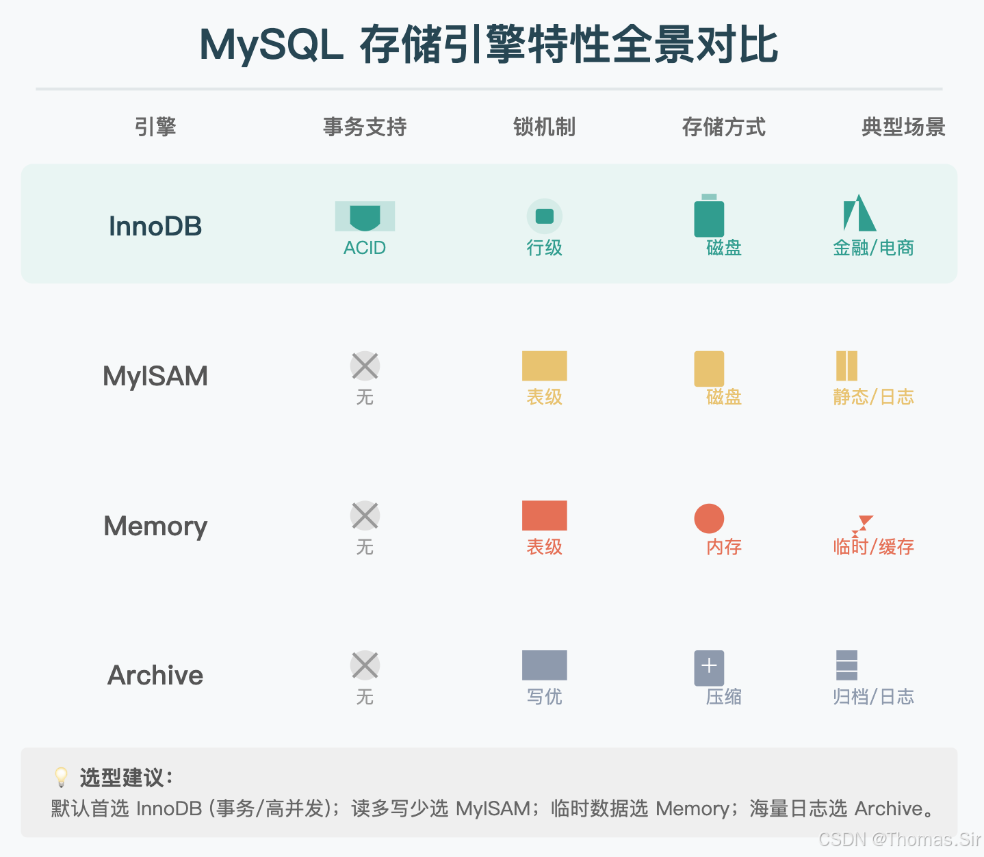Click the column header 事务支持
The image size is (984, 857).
pyautogui.click(x=365, y=127)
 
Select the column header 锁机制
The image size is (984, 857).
pyautogui.click(x=544, y=127)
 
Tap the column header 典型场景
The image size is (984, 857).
pyautogui.click(x=903, y=127)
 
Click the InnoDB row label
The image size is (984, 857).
pyautogui.click(x=155, y=226)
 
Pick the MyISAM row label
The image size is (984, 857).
pyautogui.click(x=155, y=376)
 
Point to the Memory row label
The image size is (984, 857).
pyautogui.click(x=155, y=526)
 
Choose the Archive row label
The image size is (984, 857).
pyautogui.click(x=155, y=675)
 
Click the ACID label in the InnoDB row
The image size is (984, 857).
pyautogui.click(x=365, y=248)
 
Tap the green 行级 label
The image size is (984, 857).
pyautogui.click(x=544, y=248)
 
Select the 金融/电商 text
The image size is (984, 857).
pyautogui.click(x=873, y=248)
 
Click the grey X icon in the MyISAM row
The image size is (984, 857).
pyautogui.click(x=365, y=366)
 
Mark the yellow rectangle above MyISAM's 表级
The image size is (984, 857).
pyautogui.click(x=544, y=366)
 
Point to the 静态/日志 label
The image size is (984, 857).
pyautogui.click(x=873, y=397)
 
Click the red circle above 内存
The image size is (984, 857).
pyautogui.click(x=709, y=518)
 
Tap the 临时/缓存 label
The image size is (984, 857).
pyautogui.click(x=873, y=547)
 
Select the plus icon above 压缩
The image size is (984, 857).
pyautogui.click(x=709, y=666)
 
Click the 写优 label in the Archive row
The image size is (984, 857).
pyautogui.click(x=544, y=697)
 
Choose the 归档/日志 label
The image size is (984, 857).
pyautogui.click(x=873, y=697)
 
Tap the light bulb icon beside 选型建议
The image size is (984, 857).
pyautogui.click(x=62, y=777)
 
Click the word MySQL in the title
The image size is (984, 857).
pyautogui.click(x=271, y=45)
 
